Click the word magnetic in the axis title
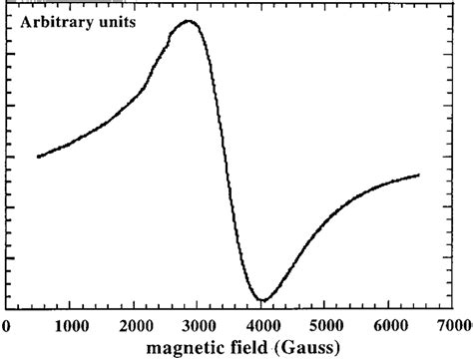coord(183,348)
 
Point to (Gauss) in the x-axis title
coord(309,348)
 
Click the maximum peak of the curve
coord(186,21)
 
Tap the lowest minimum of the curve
coord(262,299)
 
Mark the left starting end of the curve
coord(38,156)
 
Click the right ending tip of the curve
coord(419,175)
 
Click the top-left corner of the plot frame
coord(7,5)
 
